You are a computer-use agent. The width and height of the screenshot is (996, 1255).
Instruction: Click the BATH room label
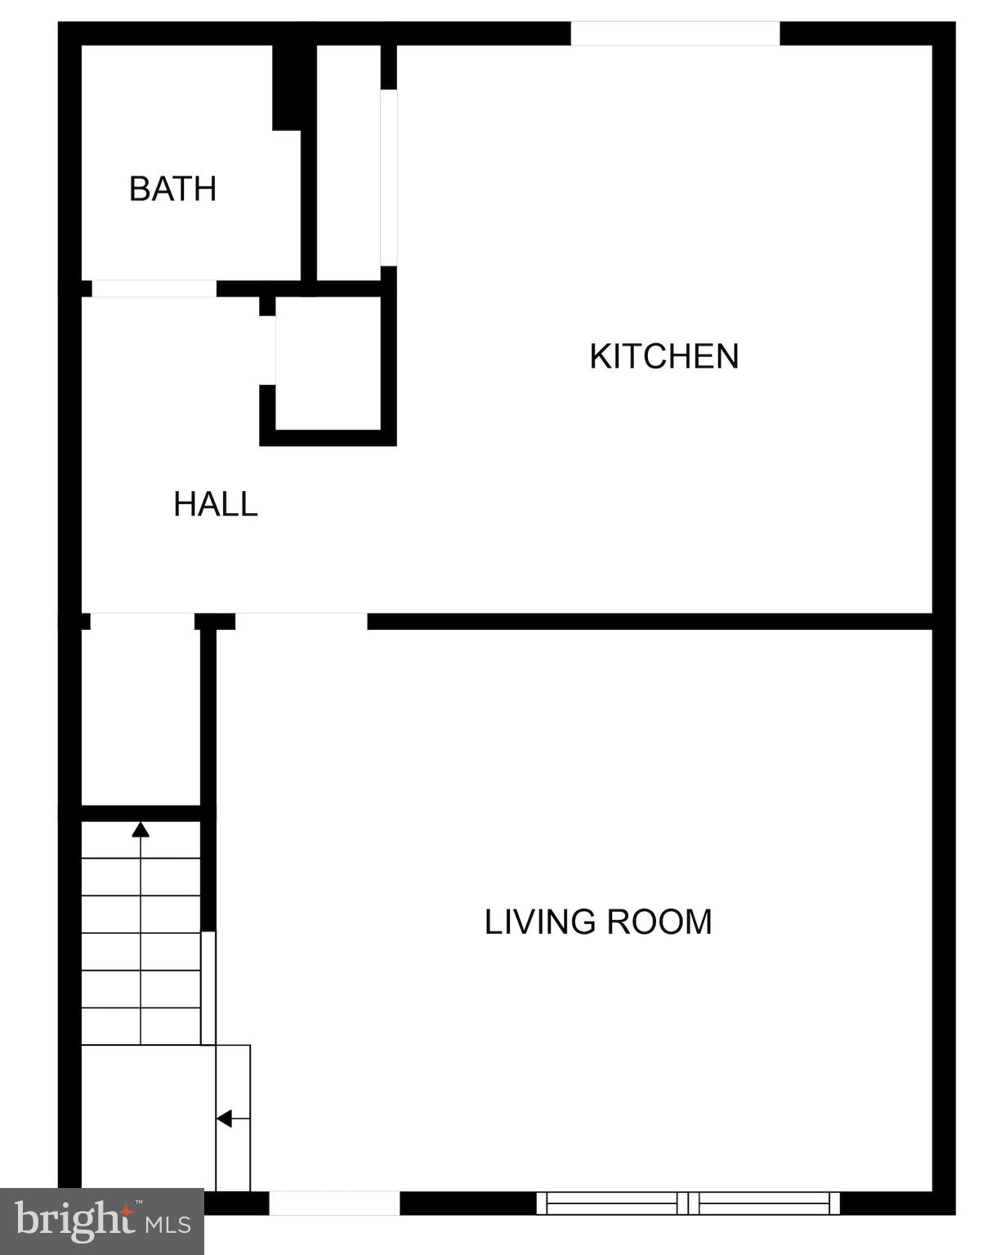(172, 189)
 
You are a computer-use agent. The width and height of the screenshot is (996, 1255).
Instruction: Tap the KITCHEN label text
(663, 356)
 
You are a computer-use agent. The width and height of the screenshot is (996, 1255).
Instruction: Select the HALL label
(216, 504)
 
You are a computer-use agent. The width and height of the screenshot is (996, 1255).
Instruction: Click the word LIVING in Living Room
(539, 922)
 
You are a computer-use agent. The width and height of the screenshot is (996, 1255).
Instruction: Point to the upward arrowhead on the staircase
(141, 830)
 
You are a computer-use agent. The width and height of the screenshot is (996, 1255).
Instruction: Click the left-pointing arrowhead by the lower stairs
(223, 1119)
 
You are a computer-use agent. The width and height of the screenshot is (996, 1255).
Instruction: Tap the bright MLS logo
(101, 1221)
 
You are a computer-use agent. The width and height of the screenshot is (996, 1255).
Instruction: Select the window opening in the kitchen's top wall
(675, 33)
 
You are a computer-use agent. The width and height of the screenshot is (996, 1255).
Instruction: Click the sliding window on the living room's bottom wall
(687, 1203)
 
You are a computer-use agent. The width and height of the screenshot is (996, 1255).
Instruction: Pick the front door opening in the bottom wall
(334, 1203)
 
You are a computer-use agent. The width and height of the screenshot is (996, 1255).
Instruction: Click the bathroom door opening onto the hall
(154, 288)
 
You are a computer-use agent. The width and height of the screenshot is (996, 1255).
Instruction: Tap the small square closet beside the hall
(328, 362)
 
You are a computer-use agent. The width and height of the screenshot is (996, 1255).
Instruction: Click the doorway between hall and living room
(301, 621)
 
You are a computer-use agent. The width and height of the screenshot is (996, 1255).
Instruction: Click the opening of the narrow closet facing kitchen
(389, 177)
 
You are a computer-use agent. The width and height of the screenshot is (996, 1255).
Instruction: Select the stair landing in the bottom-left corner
(147, 1115)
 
